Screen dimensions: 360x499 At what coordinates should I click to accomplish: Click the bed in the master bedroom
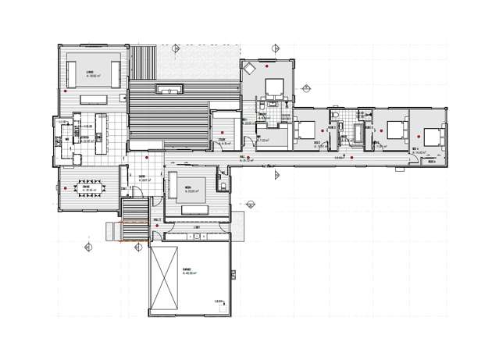(x=275, y=85)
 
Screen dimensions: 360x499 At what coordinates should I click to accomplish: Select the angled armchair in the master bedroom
(x=250, y=69)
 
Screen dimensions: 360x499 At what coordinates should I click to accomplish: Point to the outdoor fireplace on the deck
(x=169, y=91)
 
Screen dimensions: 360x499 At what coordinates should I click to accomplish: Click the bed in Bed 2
(x=305, y=128)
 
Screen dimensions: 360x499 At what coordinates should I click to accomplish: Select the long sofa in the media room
(x=188, y=207)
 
